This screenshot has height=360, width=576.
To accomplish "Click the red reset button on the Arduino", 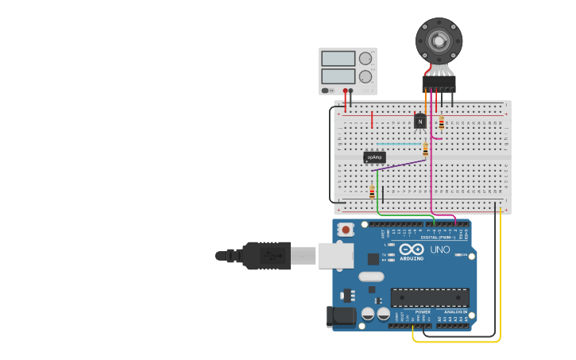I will (346, 230).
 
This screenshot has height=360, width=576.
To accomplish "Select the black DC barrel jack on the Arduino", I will (342, 315).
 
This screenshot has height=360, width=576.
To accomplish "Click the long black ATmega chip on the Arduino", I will (429, 297).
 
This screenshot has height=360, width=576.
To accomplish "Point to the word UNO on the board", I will (439, 250).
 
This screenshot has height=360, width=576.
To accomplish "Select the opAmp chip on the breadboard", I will (374, 157).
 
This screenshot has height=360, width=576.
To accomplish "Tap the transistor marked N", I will (419, 122).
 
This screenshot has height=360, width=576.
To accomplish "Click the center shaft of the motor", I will (439, 41).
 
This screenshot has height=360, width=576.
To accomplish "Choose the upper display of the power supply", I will (338, 58).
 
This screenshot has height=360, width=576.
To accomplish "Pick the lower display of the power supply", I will (338, 76).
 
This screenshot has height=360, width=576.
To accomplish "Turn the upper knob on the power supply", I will (365, 59).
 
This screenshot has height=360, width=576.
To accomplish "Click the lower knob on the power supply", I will (365, 77).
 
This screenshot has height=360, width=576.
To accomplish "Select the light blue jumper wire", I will (397, 144).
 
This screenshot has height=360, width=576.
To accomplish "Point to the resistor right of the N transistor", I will (442, 122).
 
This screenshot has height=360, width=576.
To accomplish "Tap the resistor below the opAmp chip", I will (372, 192).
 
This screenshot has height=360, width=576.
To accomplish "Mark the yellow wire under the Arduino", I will (457, 341).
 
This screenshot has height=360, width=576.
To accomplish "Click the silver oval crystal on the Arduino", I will (370, 277).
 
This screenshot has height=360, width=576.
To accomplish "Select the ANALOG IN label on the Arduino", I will (456, 312).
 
